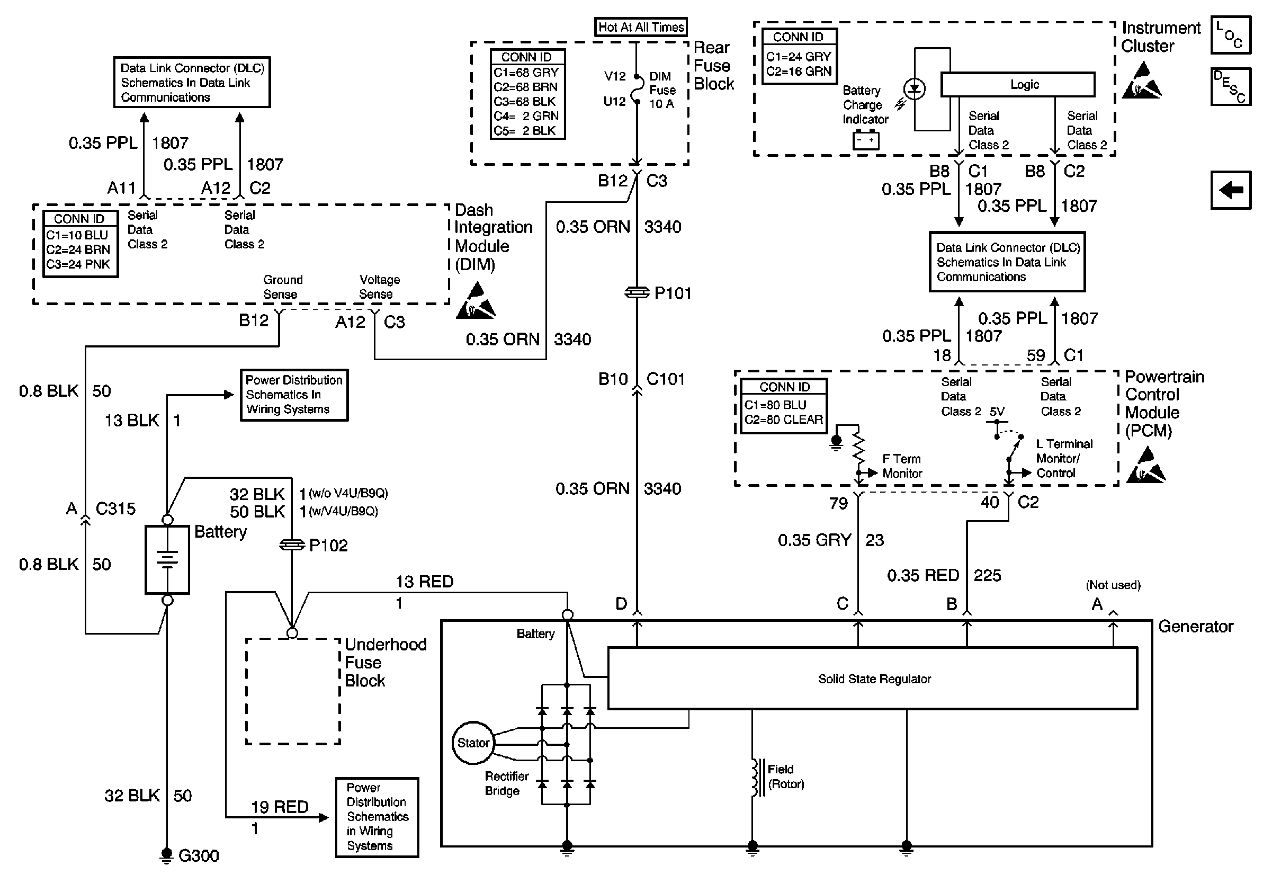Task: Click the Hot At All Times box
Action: click(x=641, y=27)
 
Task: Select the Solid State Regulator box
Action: click(x=874, y=678)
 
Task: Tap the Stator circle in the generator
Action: click(x=472, y=743)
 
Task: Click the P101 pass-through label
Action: click(x=673, y=293)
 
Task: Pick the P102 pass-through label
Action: click(x=328, y=546)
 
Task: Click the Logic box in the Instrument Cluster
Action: click(x=1018, y=85)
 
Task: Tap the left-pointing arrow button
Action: click(x=1231, y=190)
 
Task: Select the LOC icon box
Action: click(x=1231, y=35)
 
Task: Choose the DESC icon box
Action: click(x=1231, y=86)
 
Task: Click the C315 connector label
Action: click(x=115, y=509)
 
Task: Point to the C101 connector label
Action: click(x=665, y=379)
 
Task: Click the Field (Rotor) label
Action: click(x=785, y=776)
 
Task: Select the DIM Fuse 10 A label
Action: click(x=662, y=90)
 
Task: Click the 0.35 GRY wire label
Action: click(x=814, y=540)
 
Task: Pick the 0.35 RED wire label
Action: click(x=923, y=576)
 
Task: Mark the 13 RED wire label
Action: click(x=424, y=582)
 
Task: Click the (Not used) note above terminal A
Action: click(x=1113, y=585)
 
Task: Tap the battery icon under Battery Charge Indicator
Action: click(x=866, y=140)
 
